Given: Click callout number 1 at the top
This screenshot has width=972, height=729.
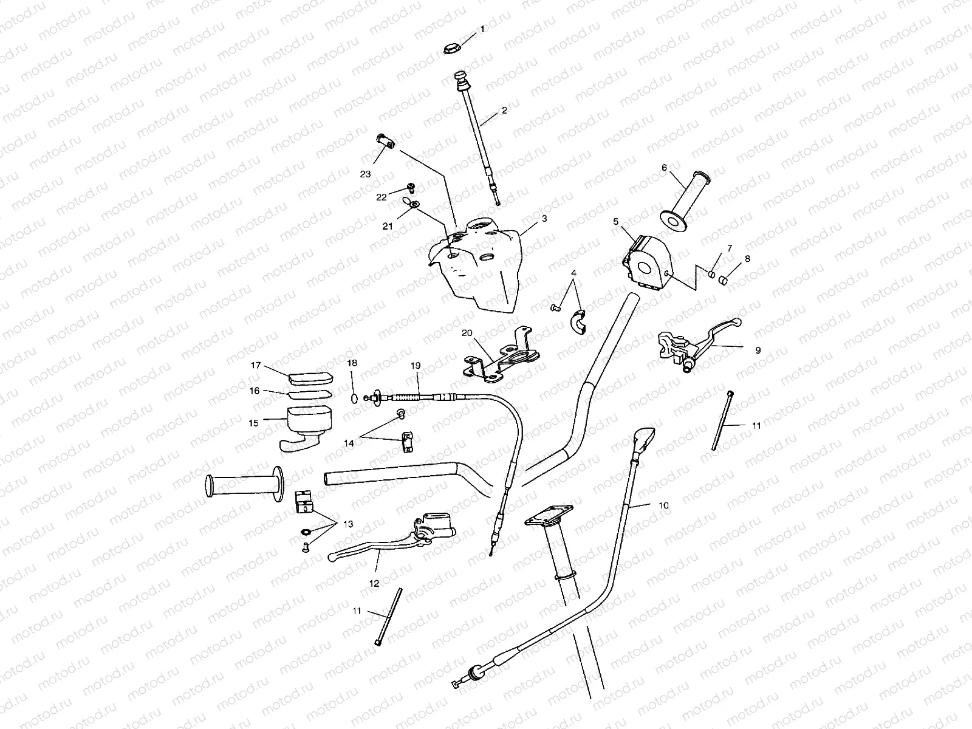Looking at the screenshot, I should click(483, 29).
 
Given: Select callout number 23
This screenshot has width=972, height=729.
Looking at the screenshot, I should click(365, 174).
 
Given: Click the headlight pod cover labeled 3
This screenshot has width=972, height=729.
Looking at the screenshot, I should click(480, 267).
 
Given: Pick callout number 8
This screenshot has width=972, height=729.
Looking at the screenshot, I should click(747, 259).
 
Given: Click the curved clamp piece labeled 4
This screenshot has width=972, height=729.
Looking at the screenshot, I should click(576, 322).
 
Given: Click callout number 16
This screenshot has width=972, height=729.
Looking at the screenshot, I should click(255, 391).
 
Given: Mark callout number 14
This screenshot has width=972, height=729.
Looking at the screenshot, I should click(349, 443).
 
